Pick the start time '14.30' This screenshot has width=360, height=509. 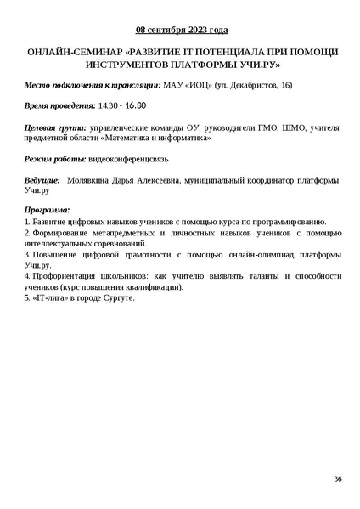click(109, 106)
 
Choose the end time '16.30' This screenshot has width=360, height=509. click(136, 106)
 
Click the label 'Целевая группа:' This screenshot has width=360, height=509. click(55, 127)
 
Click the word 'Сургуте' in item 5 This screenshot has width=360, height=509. click(117, 298)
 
